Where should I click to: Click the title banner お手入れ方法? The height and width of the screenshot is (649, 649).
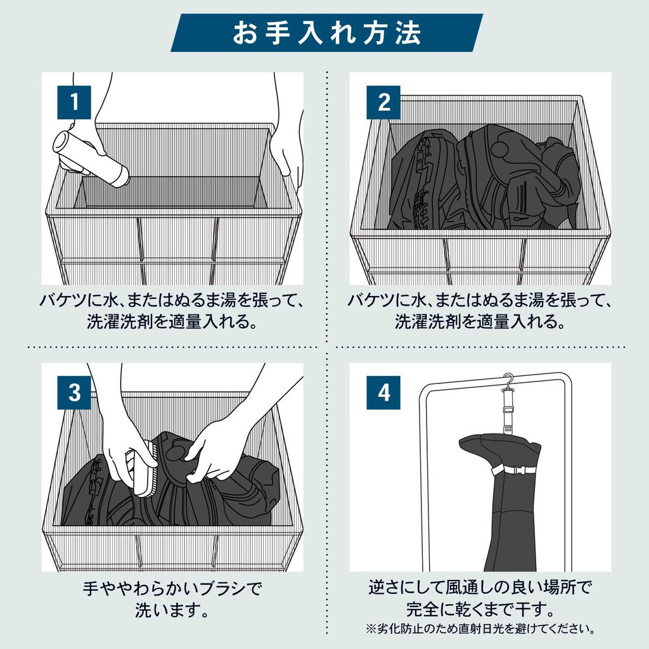tap(326, 33)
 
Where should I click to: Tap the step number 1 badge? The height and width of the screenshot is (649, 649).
tap(74, 102)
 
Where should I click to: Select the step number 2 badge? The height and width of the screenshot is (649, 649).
tap(383, 102)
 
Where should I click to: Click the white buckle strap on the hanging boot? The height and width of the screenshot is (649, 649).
tap(516, 470)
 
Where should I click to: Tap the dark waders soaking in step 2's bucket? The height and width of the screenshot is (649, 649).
tap(484, 178)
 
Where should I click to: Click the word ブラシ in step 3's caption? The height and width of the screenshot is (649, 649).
tap(223, 589)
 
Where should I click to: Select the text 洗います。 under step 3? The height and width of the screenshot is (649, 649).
tap(172, 610)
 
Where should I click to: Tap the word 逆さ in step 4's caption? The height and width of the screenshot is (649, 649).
tap(385, 588)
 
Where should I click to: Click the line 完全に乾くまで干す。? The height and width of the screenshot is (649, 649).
tap(480, 609)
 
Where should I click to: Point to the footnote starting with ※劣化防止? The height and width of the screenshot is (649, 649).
tap(480, 629)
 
